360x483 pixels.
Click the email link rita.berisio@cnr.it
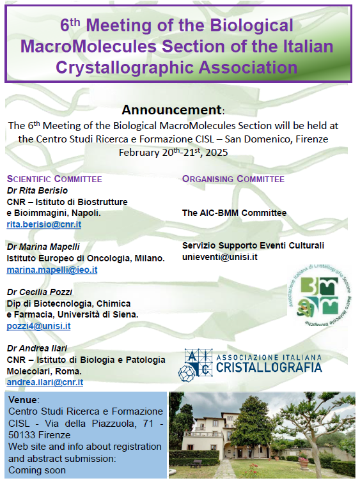(44, 224)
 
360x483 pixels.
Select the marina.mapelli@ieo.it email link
(52, 270)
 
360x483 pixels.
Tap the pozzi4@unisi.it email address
(39, 326)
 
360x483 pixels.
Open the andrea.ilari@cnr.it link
(45, 382)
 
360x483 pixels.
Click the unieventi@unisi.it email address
(220, 257)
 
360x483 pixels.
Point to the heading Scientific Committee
(54, 179)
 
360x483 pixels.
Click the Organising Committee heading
(233, 179)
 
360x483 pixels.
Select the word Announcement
(171, 110)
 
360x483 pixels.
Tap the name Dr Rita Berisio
(37, 190)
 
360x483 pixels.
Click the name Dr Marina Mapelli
(43, 247)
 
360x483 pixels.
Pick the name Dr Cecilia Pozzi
(40, 292)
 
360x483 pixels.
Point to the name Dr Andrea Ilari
(37, 348)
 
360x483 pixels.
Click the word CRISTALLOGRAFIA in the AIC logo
(269, 367)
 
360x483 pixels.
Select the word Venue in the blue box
(22, 400)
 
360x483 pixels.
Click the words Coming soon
(37, 470)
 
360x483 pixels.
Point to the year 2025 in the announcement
(217, 153)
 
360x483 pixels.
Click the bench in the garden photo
(196, 463)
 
